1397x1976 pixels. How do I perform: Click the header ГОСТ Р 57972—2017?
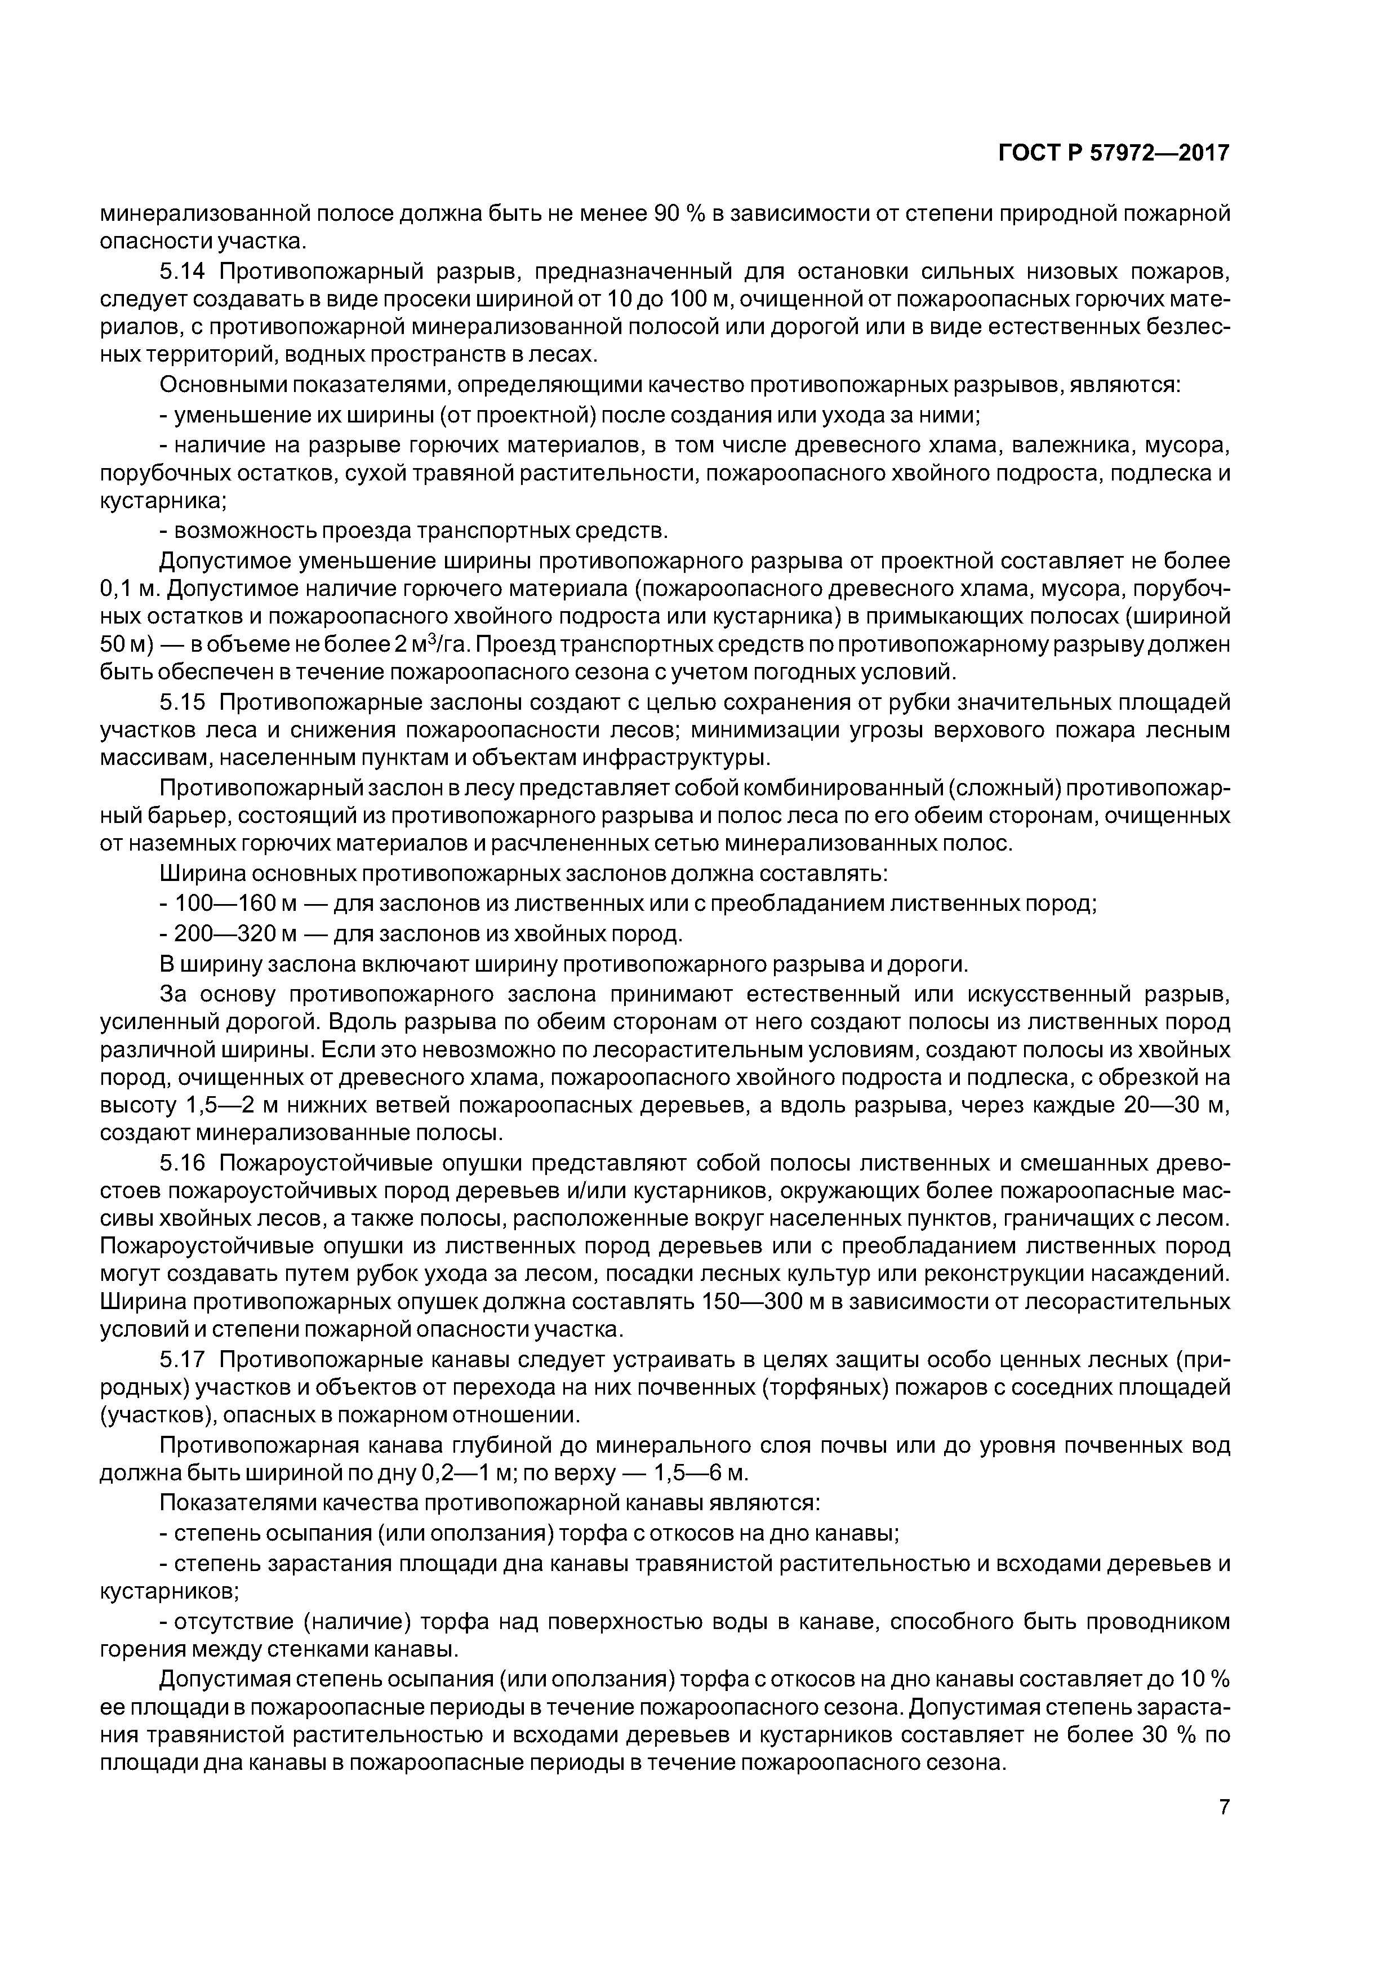[1114, 153]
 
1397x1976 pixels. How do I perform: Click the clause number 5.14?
[183, 273]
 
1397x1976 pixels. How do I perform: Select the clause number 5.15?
[183, 703]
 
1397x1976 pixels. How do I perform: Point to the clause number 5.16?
[183, 1164]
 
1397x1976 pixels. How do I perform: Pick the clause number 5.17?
[183, 1360]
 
